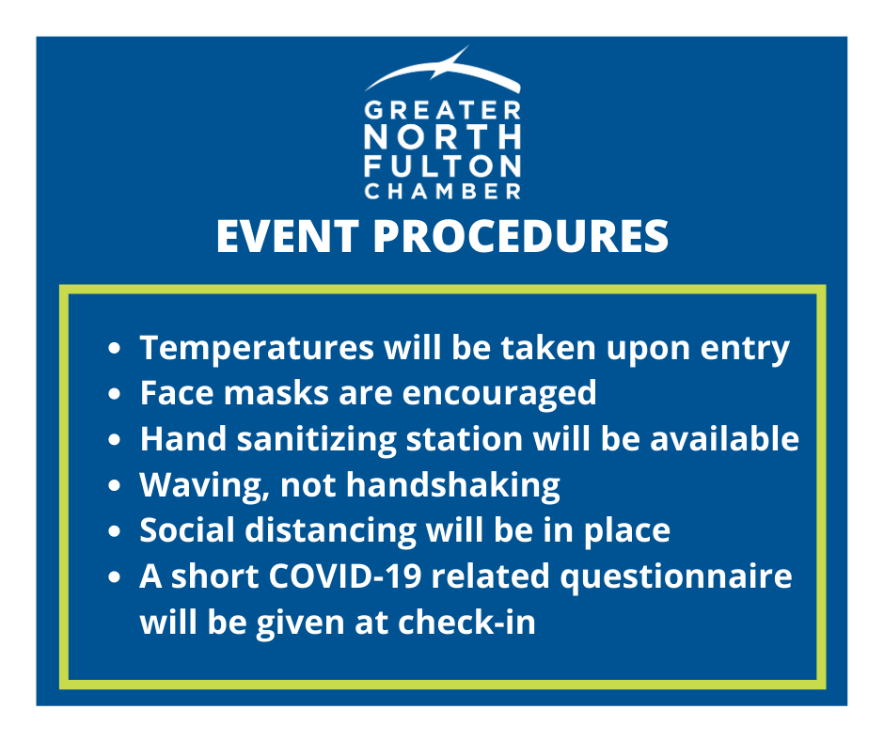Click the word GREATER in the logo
(443, 110)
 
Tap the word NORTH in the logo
(443, 137)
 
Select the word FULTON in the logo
(443, 166)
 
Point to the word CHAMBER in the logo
(443, 191)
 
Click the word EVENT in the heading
(288, 236)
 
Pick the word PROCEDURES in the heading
(521, 236)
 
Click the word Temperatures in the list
(257, 348)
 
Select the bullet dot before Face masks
(115, 394)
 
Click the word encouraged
(499, 394)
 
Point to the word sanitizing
(317, 440)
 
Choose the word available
(724, 439)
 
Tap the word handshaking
(453, 486)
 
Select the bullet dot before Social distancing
(115, 531)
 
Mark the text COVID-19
(345, 576)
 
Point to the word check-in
(466, 623)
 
